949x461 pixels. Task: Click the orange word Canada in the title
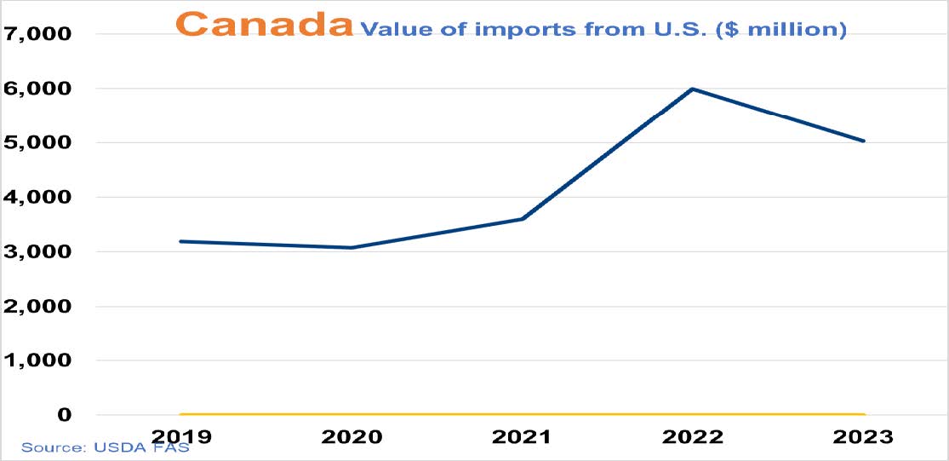click(x=267, y=24)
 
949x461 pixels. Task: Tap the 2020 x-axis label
click(x=352, y=437)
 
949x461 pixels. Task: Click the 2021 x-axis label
click(x=522, y=437)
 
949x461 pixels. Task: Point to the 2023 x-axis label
click(x=862, y=437)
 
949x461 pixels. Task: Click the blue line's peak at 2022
click(x=693, y=89)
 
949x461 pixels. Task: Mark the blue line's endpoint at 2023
click(x=863, y=141)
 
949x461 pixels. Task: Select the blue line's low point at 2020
click(x=352, y=248)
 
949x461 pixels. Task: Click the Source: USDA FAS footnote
click(x=105, y=447)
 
